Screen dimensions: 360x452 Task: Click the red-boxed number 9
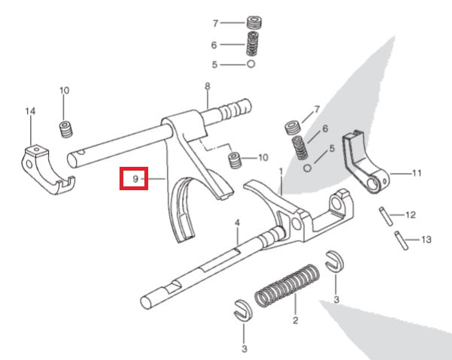[135, 179]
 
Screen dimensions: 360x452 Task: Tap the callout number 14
[30, 112]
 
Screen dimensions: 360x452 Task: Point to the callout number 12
[410, 215]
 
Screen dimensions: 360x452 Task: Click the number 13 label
[426, 241]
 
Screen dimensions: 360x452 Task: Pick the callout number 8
[207, 86]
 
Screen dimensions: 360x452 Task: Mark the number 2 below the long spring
[295, 320]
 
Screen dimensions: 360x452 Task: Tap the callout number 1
[281, 171]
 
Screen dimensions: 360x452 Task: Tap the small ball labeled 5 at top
[250, 65]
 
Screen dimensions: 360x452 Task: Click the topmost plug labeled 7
[253, 23]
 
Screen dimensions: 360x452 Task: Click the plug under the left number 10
[65, 129]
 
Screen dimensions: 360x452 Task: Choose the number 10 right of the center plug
[262, 158]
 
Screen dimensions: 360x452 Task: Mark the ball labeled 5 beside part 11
[308, 166]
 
